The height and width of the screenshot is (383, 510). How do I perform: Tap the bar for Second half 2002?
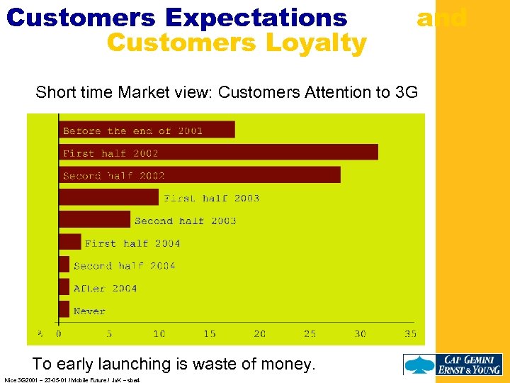(199, 175)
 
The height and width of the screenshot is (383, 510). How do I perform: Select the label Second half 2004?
(124, 266)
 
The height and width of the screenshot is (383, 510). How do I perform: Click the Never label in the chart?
(89, 311)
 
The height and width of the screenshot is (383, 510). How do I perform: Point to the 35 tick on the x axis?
(410, 334)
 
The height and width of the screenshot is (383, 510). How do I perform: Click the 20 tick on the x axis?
(260, 334)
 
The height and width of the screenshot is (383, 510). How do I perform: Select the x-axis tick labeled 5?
(108, 334)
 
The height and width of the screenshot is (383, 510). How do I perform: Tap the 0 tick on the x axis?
(59, 334)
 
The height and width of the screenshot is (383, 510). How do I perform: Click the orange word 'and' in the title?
(441, 17)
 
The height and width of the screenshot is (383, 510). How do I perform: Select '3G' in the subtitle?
(403, 92)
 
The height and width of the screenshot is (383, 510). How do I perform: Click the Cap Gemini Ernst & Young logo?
(453, 364)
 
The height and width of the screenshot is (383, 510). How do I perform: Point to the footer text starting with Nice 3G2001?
(72, 380)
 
